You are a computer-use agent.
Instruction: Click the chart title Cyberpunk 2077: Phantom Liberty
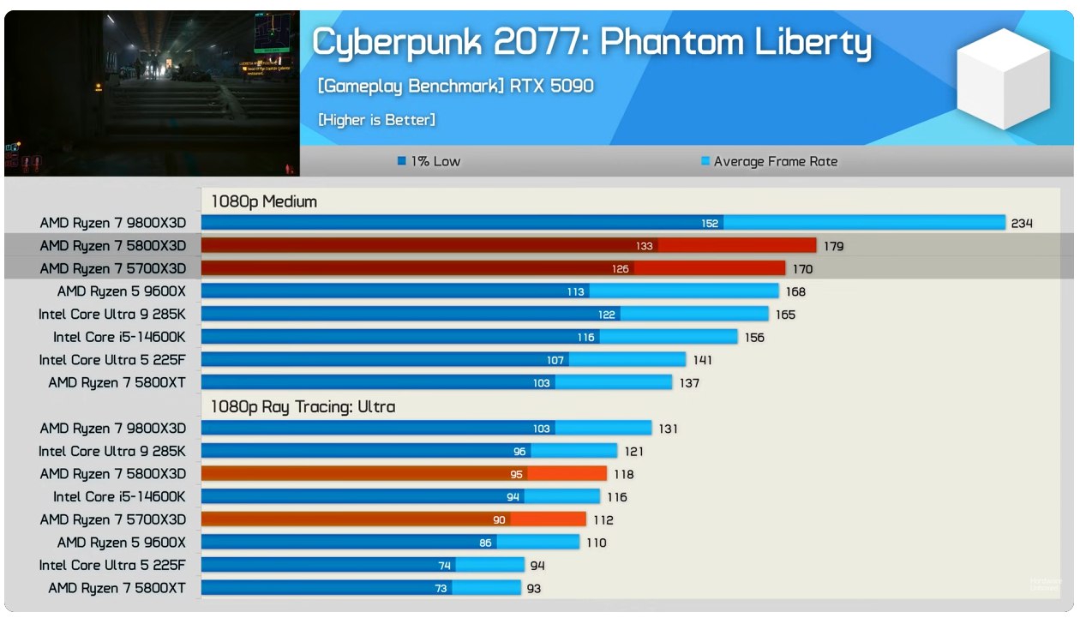591,43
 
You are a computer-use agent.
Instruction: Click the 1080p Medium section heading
264,201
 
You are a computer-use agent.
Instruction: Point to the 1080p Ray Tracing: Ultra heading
303,406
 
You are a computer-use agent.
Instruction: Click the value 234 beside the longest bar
1022,224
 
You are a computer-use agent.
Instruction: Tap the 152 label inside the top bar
710,224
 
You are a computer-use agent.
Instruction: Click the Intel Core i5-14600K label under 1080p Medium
119,337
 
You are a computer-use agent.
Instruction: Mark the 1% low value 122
607,315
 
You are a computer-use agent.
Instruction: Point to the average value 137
689,383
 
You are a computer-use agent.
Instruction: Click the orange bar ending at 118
404,474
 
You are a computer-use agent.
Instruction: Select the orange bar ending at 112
393,519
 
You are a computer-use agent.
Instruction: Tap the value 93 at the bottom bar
533,588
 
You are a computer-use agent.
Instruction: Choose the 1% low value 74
444,566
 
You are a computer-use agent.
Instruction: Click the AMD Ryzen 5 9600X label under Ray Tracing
121,543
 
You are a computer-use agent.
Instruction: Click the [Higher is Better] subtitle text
376,120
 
